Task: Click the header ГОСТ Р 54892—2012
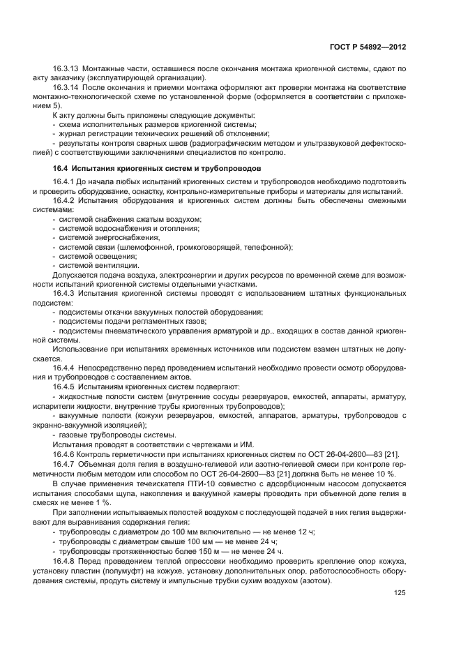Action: click(x=370, y=47)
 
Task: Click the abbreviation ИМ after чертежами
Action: click(x=247, y=444)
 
